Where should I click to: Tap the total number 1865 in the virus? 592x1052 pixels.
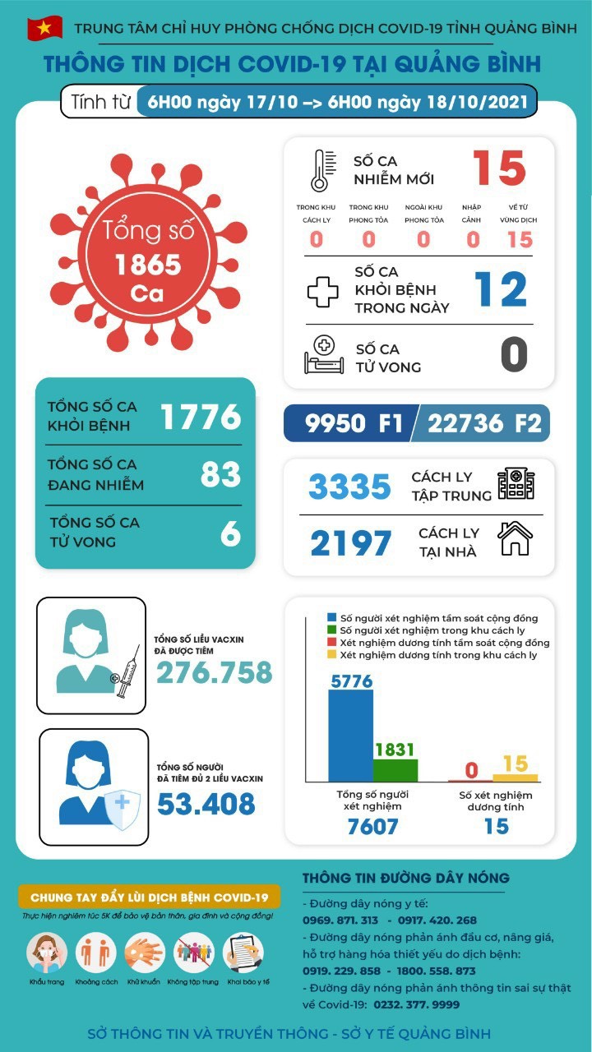point(148,265)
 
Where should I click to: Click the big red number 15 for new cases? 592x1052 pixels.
point(499,168)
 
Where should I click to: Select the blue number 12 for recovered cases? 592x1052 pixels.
point(501,289)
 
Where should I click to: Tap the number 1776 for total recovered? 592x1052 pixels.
point(201,417)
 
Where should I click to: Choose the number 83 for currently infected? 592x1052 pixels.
point(220,474)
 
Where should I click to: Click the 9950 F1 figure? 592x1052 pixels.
point(354,423)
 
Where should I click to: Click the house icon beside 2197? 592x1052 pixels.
point(516,539)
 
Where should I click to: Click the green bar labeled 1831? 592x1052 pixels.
point(395,769)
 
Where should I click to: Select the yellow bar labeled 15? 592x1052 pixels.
point(516,777)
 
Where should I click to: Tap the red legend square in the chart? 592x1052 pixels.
point(331,643)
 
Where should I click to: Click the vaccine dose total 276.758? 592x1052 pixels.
point(215,672)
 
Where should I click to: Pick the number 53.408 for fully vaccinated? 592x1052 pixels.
point(206,803)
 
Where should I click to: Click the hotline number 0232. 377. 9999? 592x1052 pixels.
point(416,1004)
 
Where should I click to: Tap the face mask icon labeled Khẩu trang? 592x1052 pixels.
point(47,953)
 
